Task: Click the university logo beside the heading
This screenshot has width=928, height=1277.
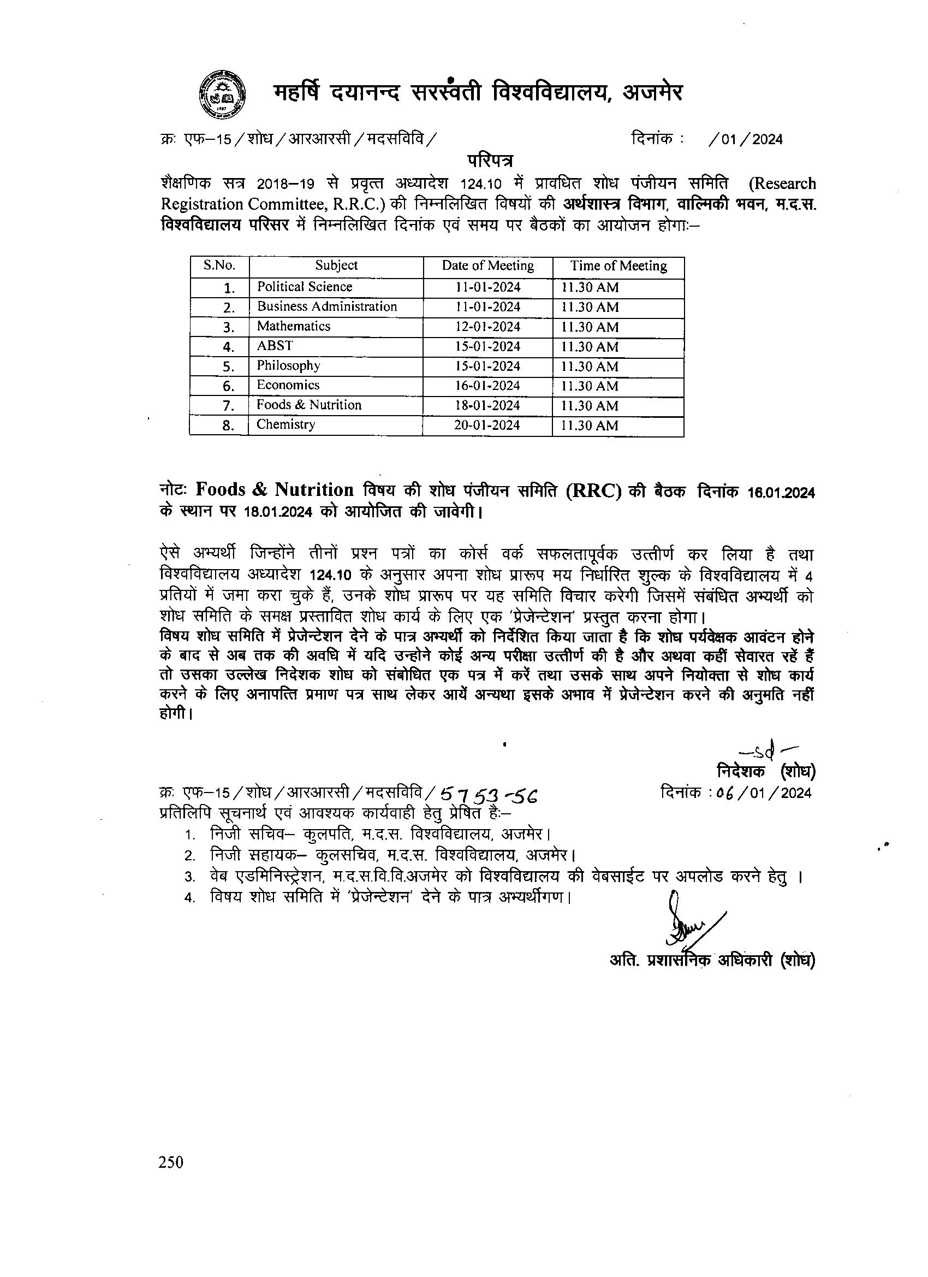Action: point(223,94)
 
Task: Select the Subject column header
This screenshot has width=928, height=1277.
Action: point(336,266)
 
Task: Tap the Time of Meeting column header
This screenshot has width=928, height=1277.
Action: point(618,266)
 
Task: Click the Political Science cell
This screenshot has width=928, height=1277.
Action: point(305,287)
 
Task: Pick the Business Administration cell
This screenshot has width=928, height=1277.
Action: point(327,306)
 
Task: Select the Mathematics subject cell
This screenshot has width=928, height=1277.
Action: point(293,326)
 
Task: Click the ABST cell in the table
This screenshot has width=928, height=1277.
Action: point(275,346)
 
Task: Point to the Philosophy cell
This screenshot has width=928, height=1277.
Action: point(288,365)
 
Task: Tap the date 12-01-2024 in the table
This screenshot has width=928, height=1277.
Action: point(488,327)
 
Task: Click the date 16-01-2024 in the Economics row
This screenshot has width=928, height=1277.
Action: point(488,386)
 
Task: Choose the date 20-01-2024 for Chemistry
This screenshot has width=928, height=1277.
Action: point(487,425)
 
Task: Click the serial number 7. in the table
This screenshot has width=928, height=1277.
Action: point(228,406)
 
